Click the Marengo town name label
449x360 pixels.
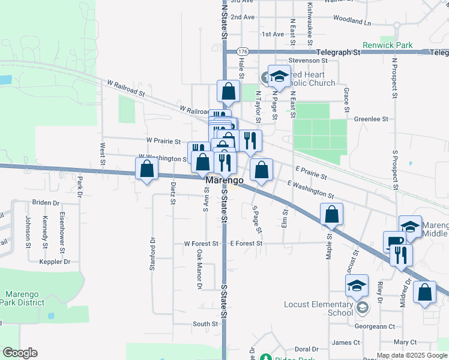point(224,180)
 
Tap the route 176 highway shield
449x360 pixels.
point(242,52)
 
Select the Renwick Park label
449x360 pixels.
point(388,45)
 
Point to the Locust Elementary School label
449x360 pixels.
point(318,308)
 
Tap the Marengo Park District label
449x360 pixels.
point(25,298)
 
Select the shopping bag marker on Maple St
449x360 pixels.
point(331,214)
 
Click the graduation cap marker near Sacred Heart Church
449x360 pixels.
point(279,76)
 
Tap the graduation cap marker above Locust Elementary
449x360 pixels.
point(357,286)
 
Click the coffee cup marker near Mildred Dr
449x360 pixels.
point(394,241)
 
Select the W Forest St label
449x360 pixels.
point(199,244)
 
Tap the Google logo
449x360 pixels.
point(20,353)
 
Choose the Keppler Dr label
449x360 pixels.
point(55,262)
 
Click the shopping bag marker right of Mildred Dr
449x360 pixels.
point(424,293)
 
